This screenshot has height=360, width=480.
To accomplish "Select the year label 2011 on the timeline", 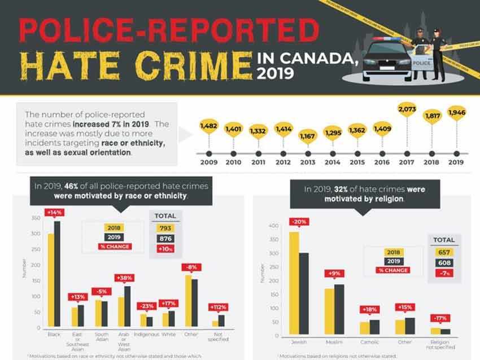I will pos(258,163).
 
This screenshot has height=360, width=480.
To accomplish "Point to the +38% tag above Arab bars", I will pos(124,278).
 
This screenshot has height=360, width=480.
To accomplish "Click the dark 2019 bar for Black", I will pos(57,274).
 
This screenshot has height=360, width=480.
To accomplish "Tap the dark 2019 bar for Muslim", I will pos(339,309).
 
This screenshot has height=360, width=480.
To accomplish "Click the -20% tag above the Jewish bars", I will pos(299,222).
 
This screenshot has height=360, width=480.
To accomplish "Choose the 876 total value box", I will pos(165,238).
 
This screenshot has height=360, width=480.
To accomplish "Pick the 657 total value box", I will pos(444,252).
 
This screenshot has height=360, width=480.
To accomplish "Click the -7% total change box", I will pos(444,274).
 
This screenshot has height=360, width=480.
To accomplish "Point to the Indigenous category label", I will pos(146,335).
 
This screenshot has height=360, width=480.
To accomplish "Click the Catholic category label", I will pos(370,342).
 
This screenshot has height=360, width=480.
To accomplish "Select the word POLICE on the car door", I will pos(421,63).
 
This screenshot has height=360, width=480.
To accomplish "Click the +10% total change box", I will pos(165,249).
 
